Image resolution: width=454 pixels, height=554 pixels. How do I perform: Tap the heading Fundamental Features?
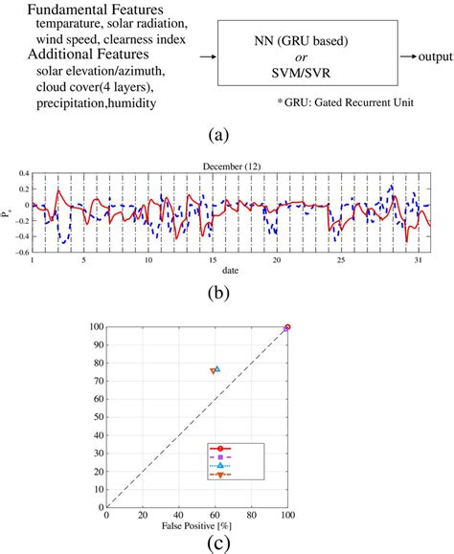tap(86, 9)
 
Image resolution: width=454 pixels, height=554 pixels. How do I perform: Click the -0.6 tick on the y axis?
tap(18, 253)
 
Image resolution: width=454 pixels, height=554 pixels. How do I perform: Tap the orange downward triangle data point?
tap(214, 371)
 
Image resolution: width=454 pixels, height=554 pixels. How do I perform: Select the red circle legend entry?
tap(220, 448)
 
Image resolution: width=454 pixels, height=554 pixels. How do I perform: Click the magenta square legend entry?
tap(220, 457)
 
